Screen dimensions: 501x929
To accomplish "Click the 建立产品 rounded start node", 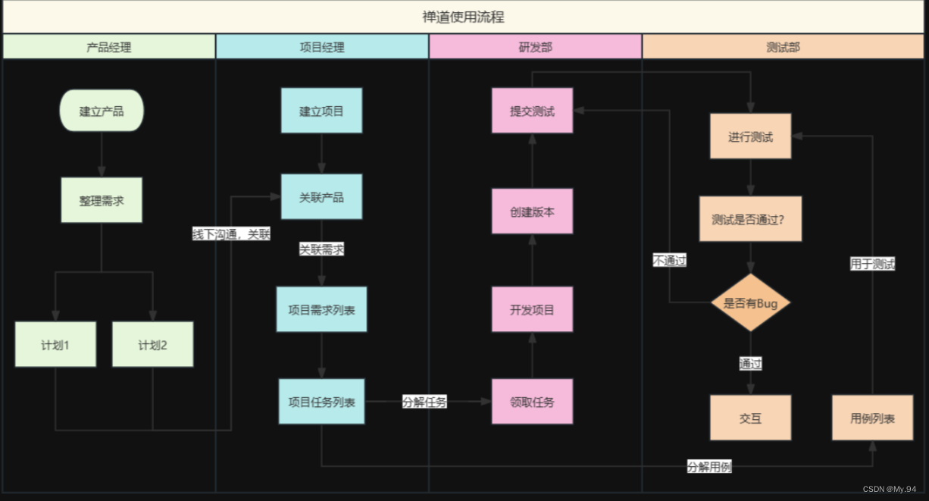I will click(x=102, y=111).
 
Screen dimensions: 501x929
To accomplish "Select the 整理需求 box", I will click(x=102, y=201).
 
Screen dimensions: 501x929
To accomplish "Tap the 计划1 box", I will click(x=55, y=345).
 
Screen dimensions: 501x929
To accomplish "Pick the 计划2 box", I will click(x=152, y=345).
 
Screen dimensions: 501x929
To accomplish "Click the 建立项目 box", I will click(x=321, y=111).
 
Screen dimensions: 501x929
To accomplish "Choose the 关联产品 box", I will click(x=321, y=197).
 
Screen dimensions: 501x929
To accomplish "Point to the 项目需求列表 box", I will click(x=321, y=309).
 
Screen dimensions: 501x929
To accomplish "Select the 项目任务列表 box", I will click(x=321, y=402).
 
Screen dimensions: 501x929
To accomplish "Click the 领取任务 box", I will click(x=532, y=402).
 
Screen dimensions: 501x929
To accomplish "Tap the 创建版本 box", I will click(x=532, y=211).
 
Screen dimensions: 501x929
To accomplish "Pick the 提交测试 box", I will click(x=532, y=111).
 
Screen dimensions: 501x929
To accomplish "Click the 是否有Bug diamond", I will click(x=750, y=303).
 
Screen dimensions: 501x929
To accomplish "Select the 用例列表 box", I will click(x=872, y=418).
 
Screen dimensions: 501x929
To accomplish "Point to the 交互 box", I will click(x=750, y=418).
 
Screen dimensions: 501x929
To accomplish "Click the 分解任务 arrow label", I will click(x=424, y=402).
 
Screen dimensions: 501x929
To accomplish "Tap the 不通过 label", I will click(x=670, y=261).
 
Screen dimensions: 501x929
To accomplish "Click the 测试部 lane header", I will click(x=783, y=47).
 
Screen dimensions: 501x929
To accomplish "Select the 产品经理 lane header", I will click(x=109, y=47).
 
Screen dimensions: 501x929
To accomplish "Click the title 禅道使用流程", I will click(x=464, y=17).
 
